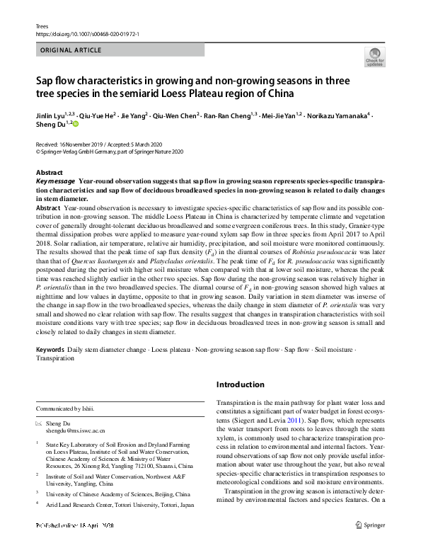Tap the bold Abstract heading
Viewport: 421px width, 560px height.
pos(50,173)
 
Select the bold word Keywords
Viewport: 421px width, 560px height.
pos(50,350)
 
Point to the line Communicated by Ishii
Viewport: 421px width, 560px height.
pos(65,408)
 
